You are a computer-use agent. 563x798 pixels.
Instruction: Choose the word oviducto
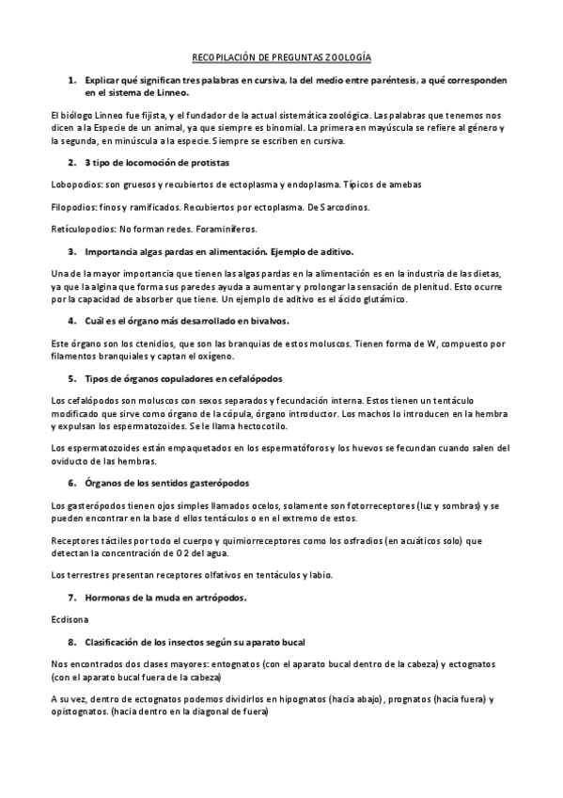coord(72,461)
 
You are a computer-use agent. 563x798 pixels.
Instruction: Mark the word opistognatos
coord(77,712)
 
